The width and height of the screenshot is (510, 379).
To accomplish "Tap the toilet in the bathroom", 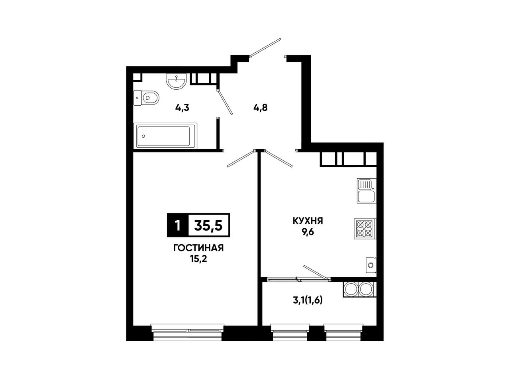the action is click(x=146, y=98).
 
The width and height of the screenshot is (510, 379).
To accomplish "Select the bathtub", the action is click(x=165, y=136).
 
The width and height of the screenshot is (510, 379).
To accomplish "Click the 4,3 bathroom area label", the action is click(x=182, y=108).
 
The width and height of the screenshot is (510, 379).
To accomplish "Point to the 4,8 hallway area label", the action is click(x=261, y=108).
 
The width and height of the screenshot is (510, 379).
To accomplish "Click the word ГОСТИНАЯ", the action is click(x=198, y=248).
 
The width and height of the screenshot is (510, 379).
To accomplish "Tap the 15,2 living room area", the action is click(x=198, y=259).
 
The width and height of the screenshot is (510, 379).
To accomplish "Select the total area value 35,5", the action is click(x=208, y=225).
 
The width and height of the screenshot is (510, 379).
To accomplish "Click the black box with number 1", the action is click(x=178, y=225).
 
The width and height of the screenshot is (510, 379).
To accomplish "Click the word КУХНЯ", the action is click(x=308, y=221).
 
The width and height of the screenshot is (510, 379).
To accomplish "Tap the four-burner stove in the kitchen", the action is click(x=365, y=229).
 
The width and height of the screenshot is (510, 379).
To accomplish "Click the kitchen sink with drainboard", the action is click(x=367, y=190).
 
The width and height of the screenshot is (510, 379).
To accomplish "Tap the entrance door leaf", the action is click(x=266, y=47).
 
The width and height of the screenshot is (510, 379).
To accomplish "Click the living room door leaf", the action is click(x=241, y=158).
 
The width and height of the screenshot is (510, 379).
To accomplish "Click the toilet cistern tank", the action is click(x=137, y=98).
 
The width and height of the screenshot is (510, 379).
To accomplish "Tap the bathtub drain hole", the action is click(x=143, y=136).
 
